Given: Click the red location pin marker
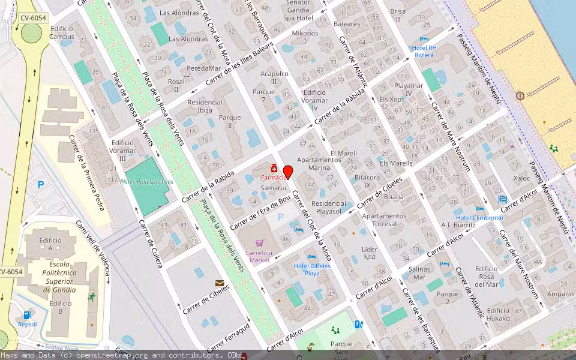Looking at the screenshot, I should tap(287, 172).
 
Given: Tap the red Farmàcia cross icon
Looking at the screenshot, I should tap(274, 167).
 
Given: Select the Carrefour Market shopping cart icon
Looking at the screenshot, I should tap(259, 243).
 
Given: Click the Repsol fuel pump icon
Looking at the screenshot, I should tap(27, 314).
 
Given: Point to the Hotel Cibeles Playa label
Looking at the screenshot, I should tap(311, 269).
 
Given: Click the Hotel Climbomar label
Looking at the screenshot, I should tap(479, 217).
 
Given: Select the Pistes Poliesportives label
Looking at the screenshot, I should tap(146, 182).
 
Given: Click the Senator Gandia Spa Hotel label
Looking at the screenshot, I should tap(298, 10).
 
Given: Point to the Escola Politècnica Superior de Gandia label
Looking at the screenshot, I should tap(59, 277).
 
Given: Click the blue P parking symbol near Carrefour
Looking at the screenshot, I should tap(281, 215).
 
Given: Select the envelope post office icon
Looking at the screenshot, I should tap(220, 283).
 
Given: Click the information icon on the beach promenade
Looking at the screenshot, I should tap(520, 95).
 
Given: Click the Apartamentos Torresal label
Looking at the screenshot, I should tap(384, 220).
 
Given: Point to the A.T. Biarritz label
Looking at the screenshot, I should tap(458, 225).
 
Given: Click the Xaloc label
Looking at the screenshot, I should tap(521, 178).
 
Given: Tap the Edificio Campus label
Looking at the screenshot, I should tap(62, 32).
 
